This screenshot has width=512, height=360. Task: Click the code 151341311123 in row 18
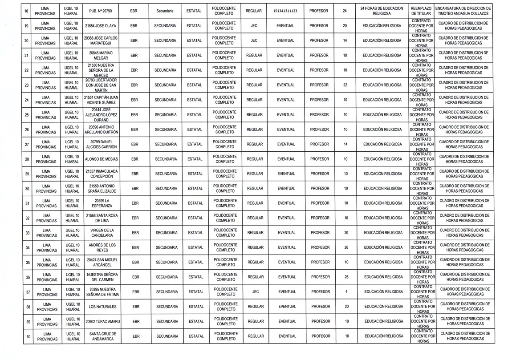coord(285,11)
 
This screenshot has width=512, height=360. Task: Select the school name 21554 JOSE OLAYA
coord(101,26)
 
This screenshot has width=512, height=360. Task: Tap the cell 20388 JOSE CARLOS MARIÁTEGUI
coord(101,40)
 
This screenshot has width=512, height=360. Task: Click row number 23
coord(27,85)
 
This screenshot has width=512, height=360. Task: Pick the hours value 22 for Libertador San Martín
coord(345,85)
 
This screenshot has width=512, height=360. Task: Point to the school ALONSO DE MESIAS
coord(101,159)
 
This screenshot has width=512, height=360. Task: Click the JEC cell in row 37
coord(256,292)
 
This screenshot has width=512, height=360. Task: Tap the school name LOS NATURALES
coord(102,307)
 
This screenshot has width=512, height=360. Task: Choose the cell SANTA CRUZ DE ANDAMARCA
coord(102,336)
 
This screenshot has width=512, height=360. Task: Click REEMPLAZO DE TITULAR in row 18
coord(421,11)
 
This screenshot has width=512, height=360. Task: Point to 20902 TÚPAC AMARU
coord(102,321)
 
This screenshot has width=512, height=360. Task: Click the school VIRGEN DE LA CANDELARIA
coord(102,233)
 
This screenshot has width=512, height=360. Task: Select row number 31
coord(27,203)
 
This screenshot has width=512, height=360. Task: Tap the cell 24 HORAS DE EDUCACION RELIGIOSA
coord(382,11)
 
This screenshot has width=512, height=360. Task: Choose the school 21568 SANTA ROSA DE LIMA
coord(102,218)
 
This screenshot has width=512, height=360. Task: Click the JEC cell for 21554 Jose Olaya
coord(254,26)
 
